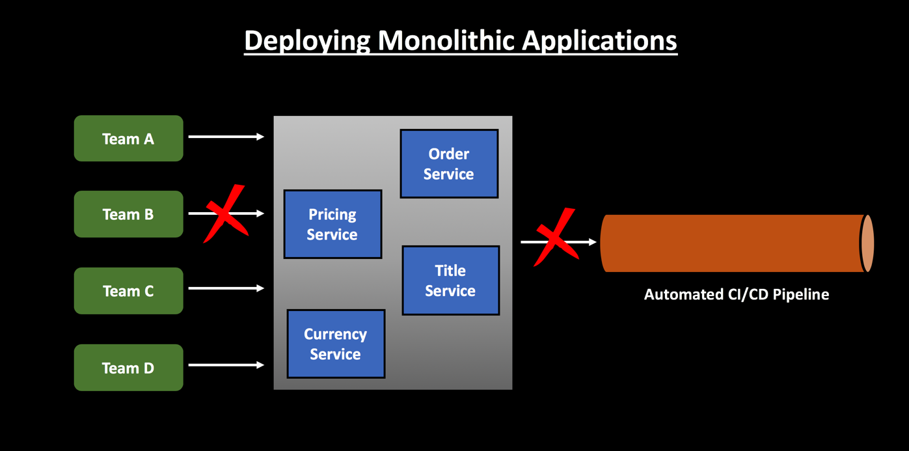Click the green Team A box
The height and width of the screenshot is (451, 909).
click(x=128, y=138)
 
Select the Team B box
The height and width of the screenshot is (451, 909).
click(x=128, y=214)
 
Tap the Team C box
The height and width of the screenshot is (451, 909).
click(x=128, y=291)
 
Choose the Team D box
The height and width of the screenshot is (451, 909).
click(x=128, y=368)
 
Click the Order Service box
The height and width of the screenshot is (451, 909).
click(x=449, y=163)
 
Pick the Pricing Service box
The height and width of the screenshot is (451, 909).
click(x=332, y=224)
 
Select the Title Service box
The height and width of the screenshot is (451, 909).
click(x=450, y=280)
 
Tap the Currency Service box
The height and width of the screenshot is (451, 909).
click(x=336, y=344)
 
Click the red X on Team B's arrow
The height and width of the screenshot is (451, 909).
click(x=225, y=213)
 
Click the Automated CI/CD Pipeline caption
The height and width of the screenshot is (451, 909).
click(x=737, y=294)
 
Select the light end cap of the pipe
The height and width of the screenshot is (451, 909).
click(x=867, y=243)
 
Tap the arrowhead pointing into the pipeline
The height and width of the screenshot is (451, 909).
click(x=592, y=242)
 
